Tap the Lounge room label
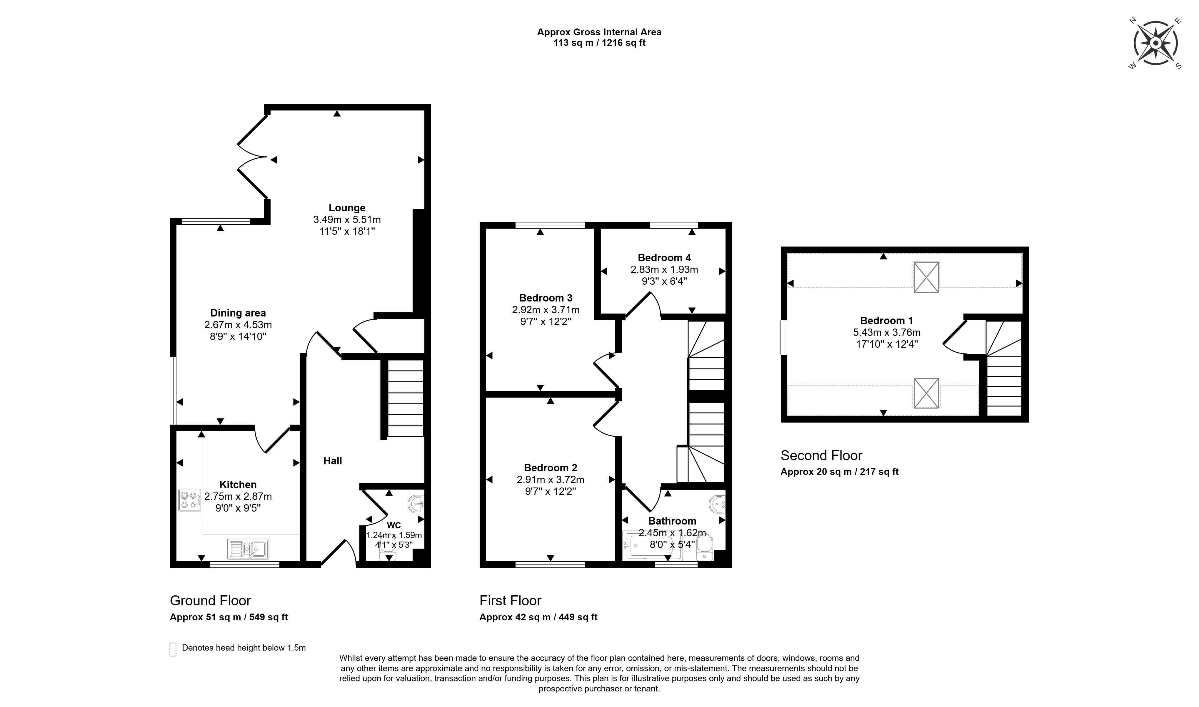pyautogui.click(x=347, y=208)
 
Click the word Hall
pyautogui.click(x=333, y=461)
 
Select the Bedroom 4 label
pyautogui.click(x=664, y=258)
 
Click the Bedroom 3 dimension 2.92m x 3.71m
pyautogui.click(x=546, y=310)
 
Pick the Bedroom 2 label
pyautogui.click(x=551, y=468)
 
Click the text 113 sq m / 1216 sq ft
pyautogui.click(x=599, y=43)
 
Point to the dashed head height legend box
pyautogui.click(x=173, y=649)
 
